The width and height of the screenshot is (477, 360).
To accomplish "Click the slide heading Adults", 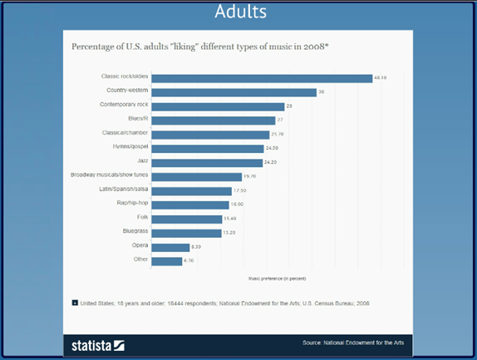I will [x=238, y=12].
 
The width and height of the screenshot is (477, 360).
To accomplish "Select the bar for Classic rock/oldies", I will [x=262, y=78].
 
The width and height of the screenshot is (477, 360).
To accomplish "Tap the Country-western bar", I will [x=234, y=92].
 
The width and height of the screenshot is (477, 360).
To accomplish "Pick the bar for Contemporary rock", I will [x=218, y=106].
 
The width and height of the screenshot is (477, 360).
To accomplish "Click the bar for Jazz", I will [x=207, y=162].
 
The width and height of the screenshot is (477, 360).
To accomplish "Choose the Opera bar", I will [x=170, y=247].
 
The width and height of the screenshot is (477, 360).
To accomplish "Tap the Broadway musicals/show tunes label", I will [x=111, y=175].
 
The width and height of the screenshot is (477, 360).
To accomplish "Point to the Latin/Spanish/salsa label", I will [x=123, y=190].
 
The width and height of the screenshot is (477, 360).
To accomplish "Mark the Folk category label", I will [x=142, y=218].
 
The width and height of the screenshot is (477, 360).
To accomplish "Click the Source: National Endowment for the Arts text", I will [x=350, y=343].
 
